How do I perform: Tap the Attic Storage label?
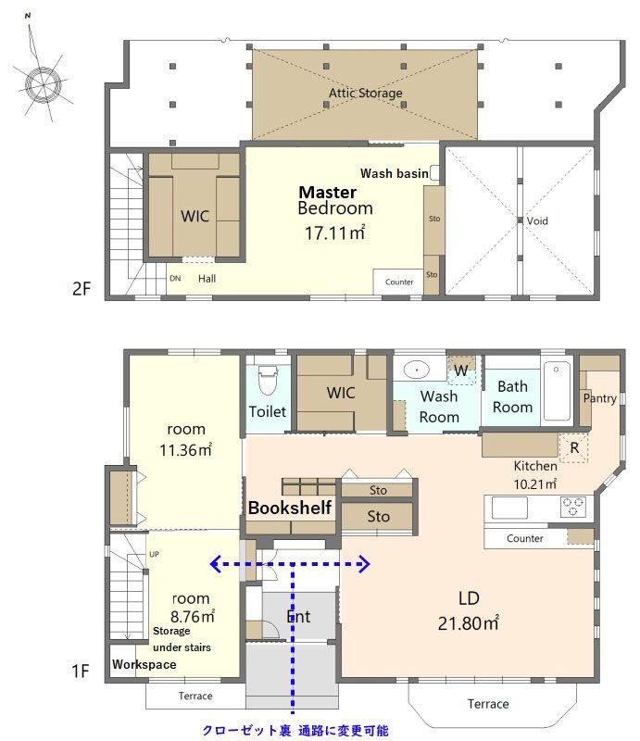[365, 94]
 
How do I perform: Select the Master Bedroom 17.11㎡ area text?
[334, 233]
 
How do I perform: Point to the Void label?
[537, 220]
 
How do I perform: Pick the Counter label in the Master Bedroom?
[399, 283]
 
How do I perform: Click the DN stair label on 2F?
[175, 279]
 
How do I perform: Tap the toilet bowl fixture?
[268, 379]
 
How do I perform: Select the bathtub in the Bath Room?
[557, 391]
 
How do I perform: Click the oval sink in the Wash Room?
[417, 369]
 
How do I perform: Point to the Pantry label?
[600, 398]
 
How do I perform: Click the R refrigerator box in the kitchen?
[574, 447]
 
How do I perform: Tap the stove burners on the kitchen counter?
[573, 507]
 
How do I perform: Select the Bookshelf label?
[289, 508]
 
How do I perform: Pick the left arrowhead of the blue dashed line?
[216, 563]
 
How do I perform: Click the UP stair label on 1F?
[154, 554]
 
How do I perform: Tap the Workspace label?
[144, 664]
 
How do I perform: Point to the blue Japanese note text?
[295, 731]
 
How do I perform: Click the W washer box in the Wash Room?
[461, 370]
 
